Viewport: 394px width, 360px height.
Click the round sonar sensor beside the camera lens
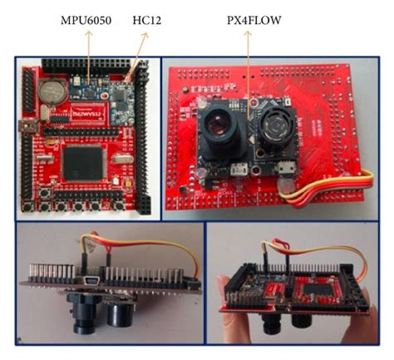(x=271, y=131)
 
